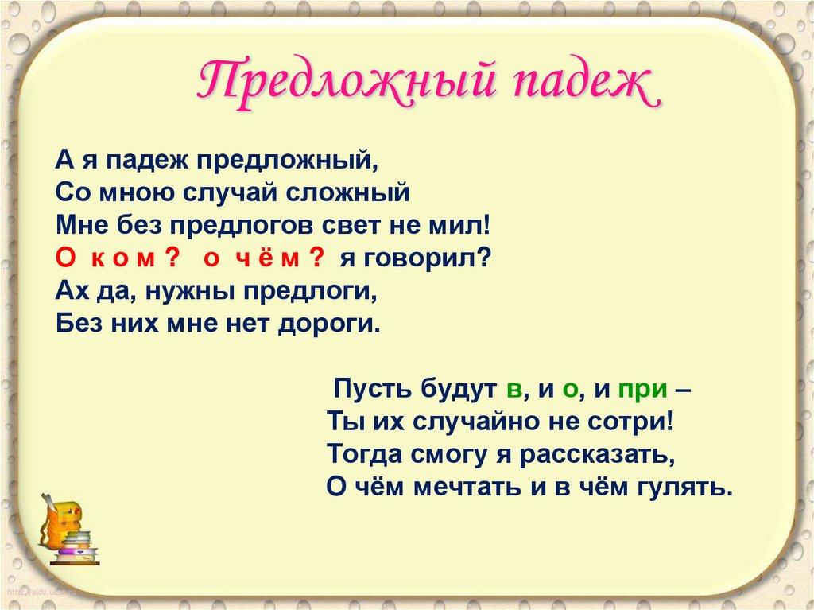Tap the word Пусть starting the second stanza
pos(368,390)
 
